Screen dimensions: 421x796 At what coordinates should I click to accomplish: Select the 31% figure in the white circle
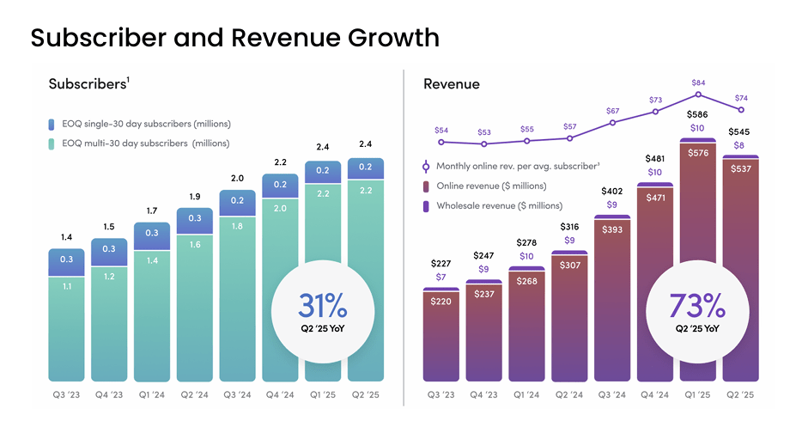323,306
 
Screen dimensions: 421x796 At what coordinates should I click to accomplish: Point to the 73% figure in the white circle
696,306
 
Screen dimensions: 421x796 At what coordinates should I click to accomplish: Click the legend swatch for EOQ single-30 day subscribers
53,124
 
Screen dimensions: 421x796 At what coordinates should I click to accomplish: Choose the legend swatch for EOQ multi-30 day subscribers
53,143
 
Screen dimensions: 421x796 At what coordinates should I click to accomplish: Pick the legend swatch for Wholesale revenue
426,206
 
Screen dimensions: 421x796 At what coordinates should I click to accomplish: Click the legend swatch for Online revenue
426,186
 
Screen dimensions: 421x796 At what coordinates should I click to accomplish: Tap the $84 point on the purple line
699,95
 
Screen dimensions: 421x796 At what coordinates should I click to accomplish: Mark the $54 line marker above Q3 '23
441,142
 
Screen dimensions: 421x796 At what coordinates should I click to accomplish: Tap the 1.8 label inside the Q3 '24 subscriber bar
236,227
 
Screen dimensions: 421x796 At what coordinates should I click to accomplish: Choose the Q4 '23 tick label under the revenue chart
483,394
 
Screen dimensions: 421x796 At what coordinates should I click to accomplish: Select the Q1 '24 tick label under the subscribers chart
151,394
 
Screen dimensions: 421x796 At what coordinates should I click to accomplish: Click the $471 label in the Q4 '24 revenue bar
656,197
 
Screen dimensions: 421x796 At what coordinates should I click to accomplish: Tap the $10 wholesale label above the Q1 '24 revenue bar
526,256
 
